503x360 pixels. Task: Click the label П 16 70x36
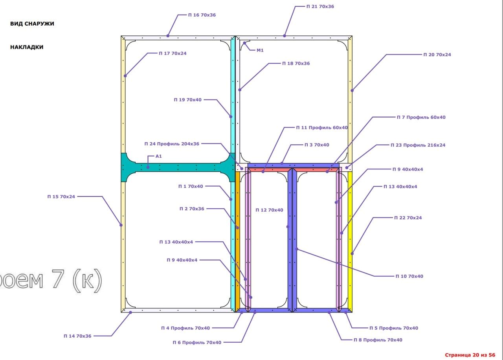202,15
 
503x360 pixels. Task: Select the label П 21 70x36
320,7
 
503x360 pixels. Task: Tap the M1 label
260,50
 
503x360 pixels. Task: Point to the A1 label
158,156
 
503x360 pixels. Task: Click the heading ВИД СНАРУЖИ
32,24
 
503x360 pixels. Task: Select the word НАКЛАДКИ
27,47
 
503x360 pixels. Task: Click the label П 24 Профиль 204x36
172,144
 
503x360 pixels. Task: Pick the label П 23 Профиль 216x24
418,145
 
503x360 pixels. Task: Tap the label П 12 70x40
269,210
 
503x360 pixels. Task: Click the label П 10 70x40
409,276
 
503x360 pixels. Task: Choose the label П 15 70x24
61,197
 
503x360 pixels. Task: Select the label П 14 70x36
77,336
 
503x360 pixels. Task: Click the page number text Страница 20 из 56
470,355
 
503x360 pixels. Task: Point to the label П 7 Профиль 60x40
421,117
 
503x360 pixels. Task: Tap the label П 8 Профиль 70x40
378,340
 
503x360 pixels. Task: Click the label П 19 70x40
188,100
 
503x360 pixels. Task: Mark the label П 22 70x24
408,218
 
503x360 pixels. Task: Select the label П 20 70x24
437,55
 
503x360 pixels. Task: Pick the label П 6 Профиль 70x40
197,342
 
